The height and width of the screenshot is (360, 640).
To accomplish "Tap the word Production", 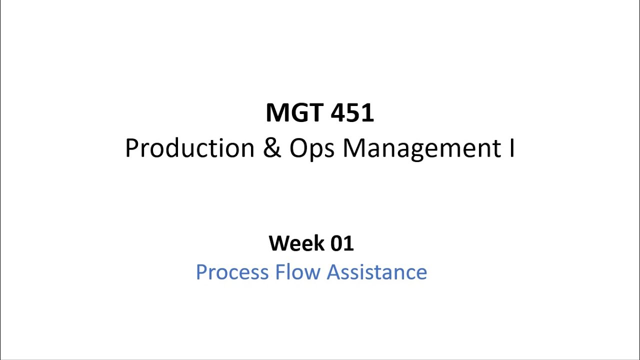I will click(189, 148).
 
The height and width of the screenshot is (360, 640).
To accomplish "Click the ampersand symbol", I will click(272, 148).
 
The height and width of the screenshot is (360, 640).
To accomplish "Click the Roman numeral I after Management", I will click(512, 148).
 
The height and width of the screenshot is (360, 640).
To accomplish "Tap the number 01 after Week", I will click(342, 243).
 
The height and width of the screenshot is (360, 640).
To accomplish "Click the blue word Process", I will click(232, 272).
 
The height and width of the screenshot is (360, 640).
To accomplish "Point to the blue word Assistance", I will click(377, 272).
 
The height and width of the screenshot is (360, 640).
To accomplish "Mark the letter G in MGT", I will click(297, 113).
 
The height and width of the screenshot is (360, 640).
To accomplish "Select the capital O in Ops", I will click(299, 148).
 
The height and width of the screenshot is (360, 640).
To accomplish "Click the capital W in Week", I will click(279, 243).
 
